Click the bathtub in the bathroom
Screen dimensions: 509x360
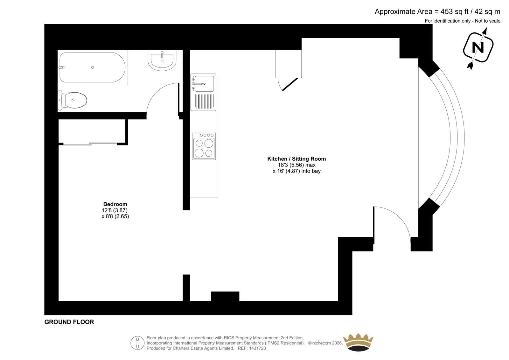[93, 67]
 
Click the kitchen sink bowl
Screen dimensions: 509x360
[204, 84]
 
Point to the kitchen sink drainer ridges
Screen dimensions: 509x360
[204, 102]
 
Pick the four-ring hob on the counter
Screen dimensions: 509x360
[204, 146]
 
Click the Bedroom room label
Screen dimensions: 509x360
[115, 204]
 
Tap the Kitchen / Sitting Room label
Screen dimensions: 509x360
[296, 159]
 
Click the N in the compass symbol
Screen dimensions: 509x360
[478, 48]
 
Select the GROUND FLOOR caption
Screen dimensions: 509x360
[69, 322]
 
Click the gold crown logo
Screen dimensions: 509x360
[358, 342]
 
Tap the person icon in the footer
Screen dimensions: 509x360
[137, 343]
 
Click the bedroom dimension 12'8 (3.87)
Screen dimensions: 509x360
[115, 210]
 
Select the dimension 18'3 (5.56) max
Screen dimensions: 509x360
[296, 165]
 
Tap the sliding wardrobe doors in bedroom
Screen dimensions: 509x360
[90, 144]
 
